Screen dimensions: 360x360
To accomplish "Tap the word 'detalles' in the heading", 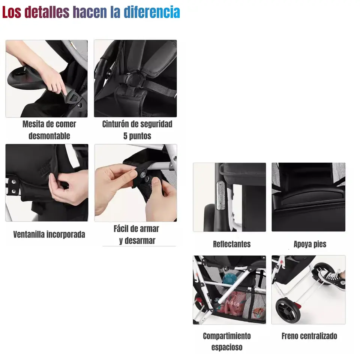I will tap(47, 12).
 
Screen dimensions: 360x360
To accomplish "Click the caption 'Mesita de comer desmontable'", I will tap(49, 130).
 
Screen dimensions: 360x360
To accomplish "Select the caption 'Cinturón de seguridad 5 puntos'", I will tap(137, 130).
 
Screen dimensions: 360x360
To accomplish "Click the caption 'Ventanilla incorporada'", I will tap(49, 235).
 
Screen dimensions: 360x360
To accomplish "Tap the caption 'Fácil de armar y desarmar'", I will tap(137, 234).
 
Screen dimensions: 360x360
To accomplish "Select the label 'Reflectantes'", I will tap(231, 244).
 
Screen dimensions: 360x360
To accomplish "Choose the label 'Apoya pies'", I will tap(310, 244).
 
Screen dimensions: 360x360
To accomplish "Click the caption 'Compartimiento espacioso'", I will tap(226, 341).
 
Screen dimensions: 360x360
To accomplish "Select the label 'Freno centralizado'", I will tap(309, 336).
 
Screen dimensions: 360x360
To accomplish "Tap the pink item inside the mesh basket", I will tap(231, 306).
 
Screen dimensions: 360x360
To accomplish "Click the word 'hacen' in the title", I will tap(90, 12).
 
